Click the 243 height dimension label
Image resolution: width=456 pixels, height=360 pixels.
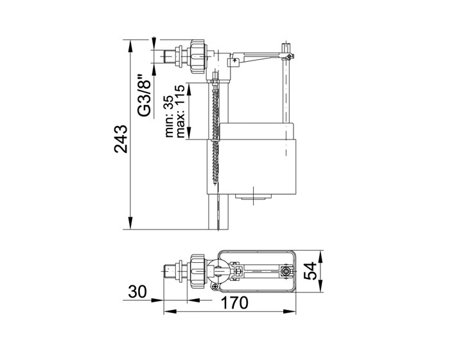tap(121, 139)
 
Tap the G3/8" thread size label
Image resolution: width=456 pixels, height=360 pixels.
tap(145, 96)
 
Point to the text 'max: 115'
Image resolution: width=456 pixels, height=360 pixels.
tap(180, 111)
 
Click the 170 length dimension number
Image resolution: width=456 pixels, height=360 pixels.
tap(234, 303)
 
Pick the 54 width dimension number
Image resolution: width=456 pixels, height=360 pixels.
tap(310, 271)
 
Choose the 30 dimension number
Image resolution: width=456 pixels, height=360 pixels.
tap(137, 292)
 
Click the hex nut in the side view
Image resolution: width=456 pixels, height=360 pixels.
tap(198, 57)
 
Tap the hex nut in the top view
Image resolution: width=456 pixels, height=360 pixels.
tap(198, 271)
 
